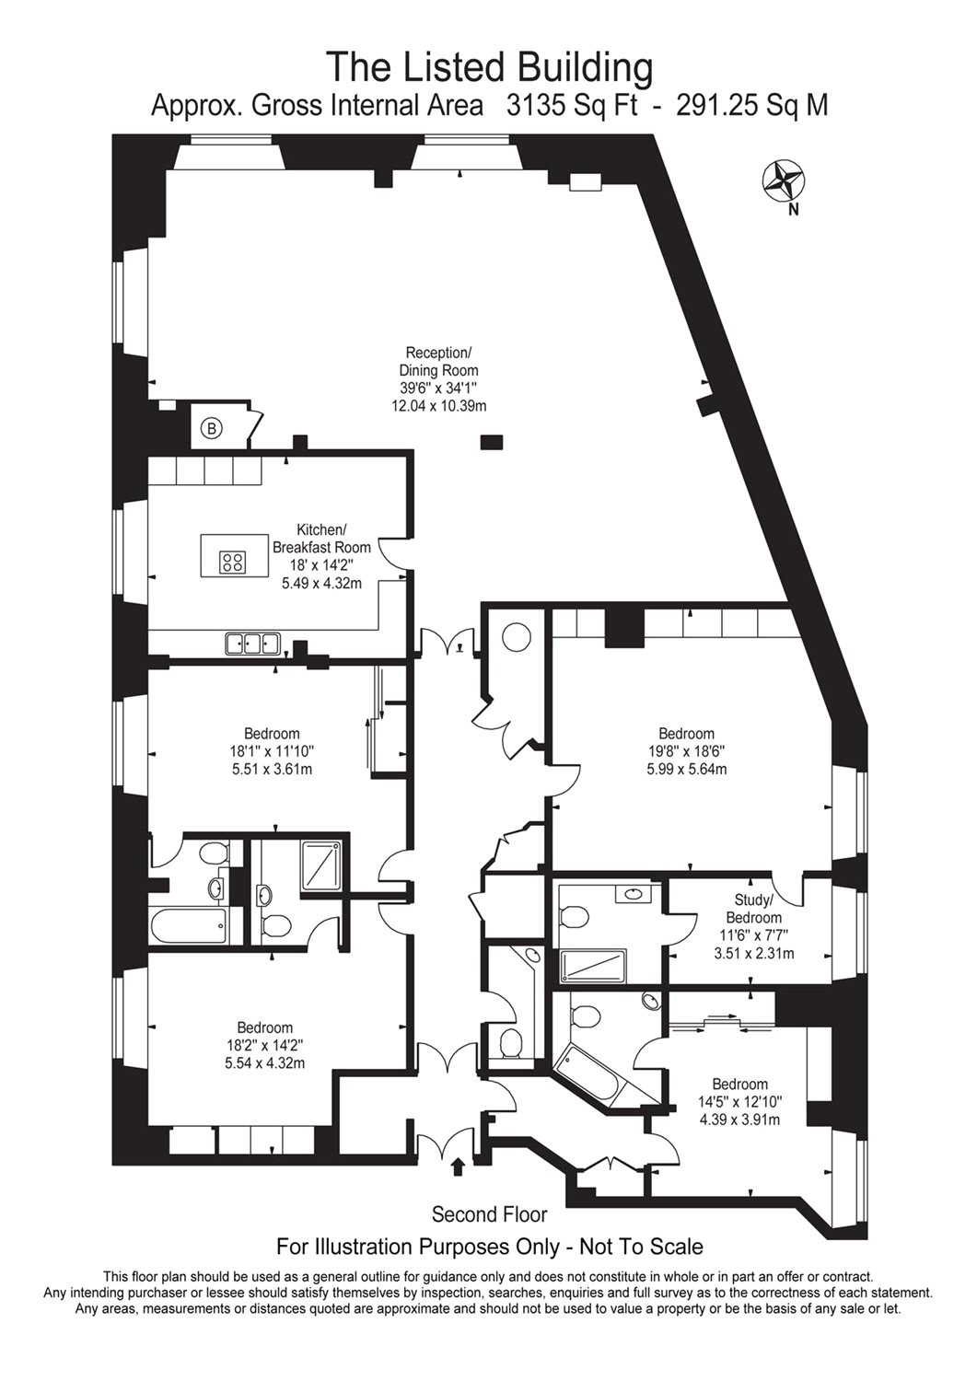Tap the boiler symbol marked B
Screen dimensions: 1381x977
(x=211, y=427)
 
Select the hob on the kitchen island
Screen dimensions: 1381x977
(x=232, y=561)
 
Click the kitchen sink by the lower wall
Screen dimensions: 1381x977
(x=252, y=644)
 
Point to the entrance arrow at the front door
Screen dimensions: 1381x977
(x=458, y=1167)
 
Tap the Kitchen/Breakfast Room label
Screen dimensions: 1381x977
(x=321, y=539)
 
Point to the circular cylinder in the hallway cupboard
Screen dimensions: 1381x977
(x=515, y=637)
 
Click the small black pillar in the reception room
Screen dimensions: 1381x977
(x=492, y=443)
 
